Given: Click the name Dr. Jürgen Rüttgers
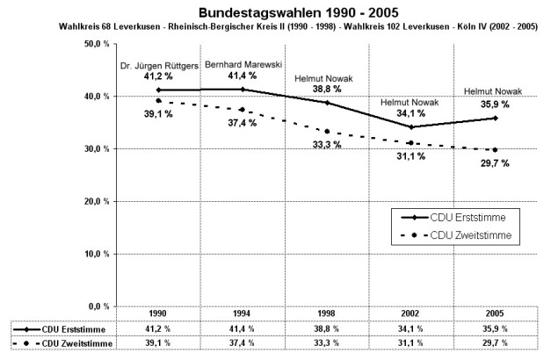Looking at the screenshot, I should point(158,66).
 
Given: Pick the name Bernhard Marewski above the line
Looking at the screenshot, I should point(241,65).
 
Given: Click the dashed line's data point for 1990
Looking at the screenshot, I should point(158,100).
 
